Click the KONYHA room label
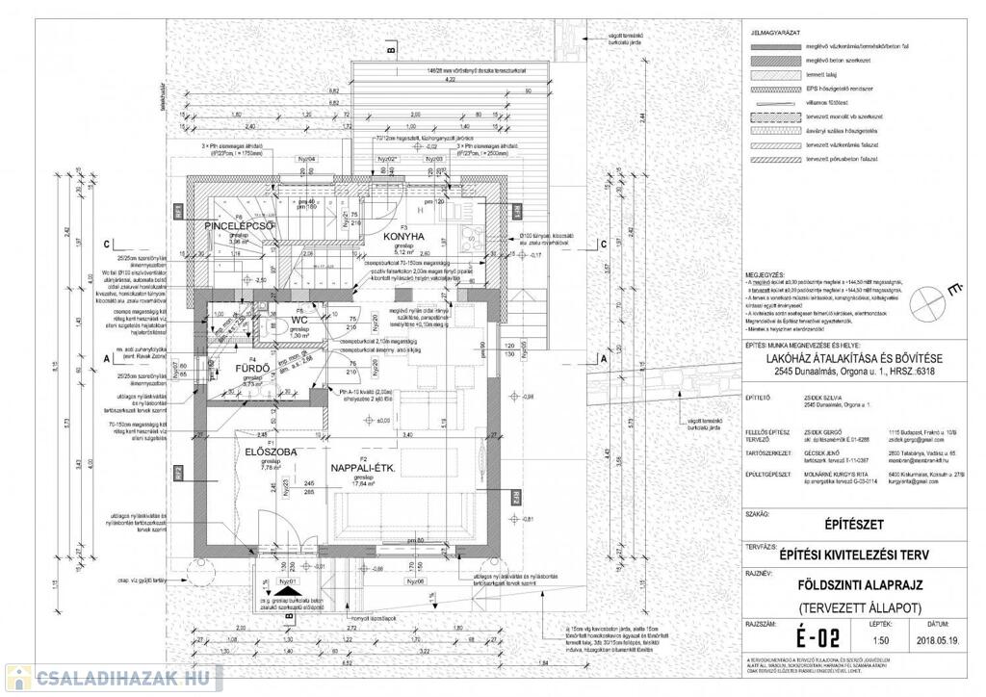(x=403, y=235)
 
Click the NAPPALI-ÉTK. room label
(x=364, y=468)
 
